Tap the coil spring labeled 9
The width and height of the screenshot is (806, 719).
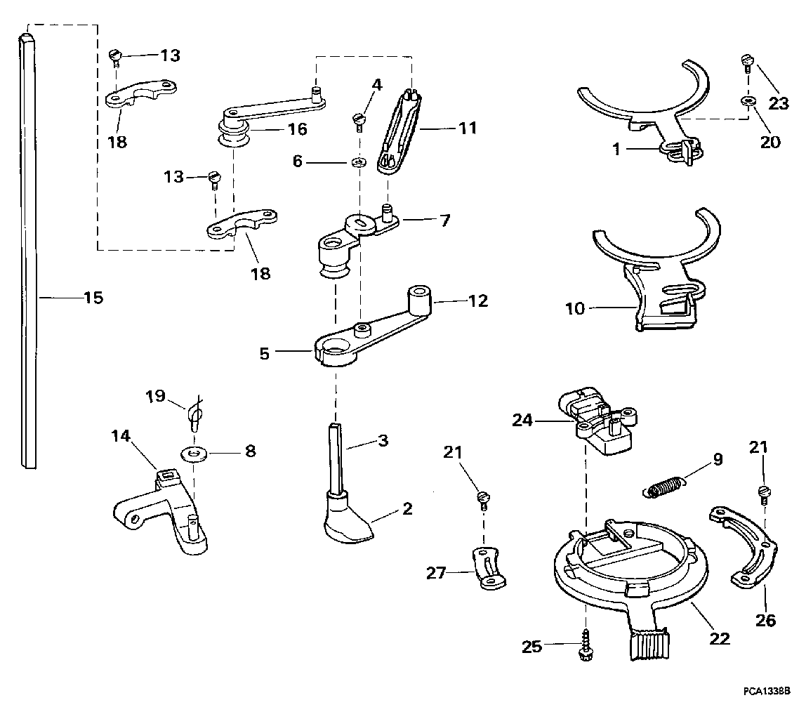[664, 486]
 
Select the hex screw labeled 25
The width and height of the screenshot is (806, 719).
[586, 646]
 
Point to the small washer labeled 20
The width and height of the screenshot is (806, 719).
[748, 100]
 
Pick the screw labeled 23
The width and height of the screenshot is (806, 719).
[748, 64]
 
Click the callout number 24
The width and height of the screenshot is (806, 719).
[523, 420]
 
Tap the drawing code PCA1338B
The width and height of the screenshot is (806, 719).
[766, 691]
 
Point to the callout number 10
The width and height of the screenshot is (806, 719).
[575, 308]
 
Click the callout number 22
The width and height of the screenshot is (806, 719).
[720, 638]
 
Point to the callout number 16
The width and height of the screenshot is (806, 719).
[297, 129]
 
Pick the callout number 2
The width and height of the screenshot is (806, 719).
[407, 509]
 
